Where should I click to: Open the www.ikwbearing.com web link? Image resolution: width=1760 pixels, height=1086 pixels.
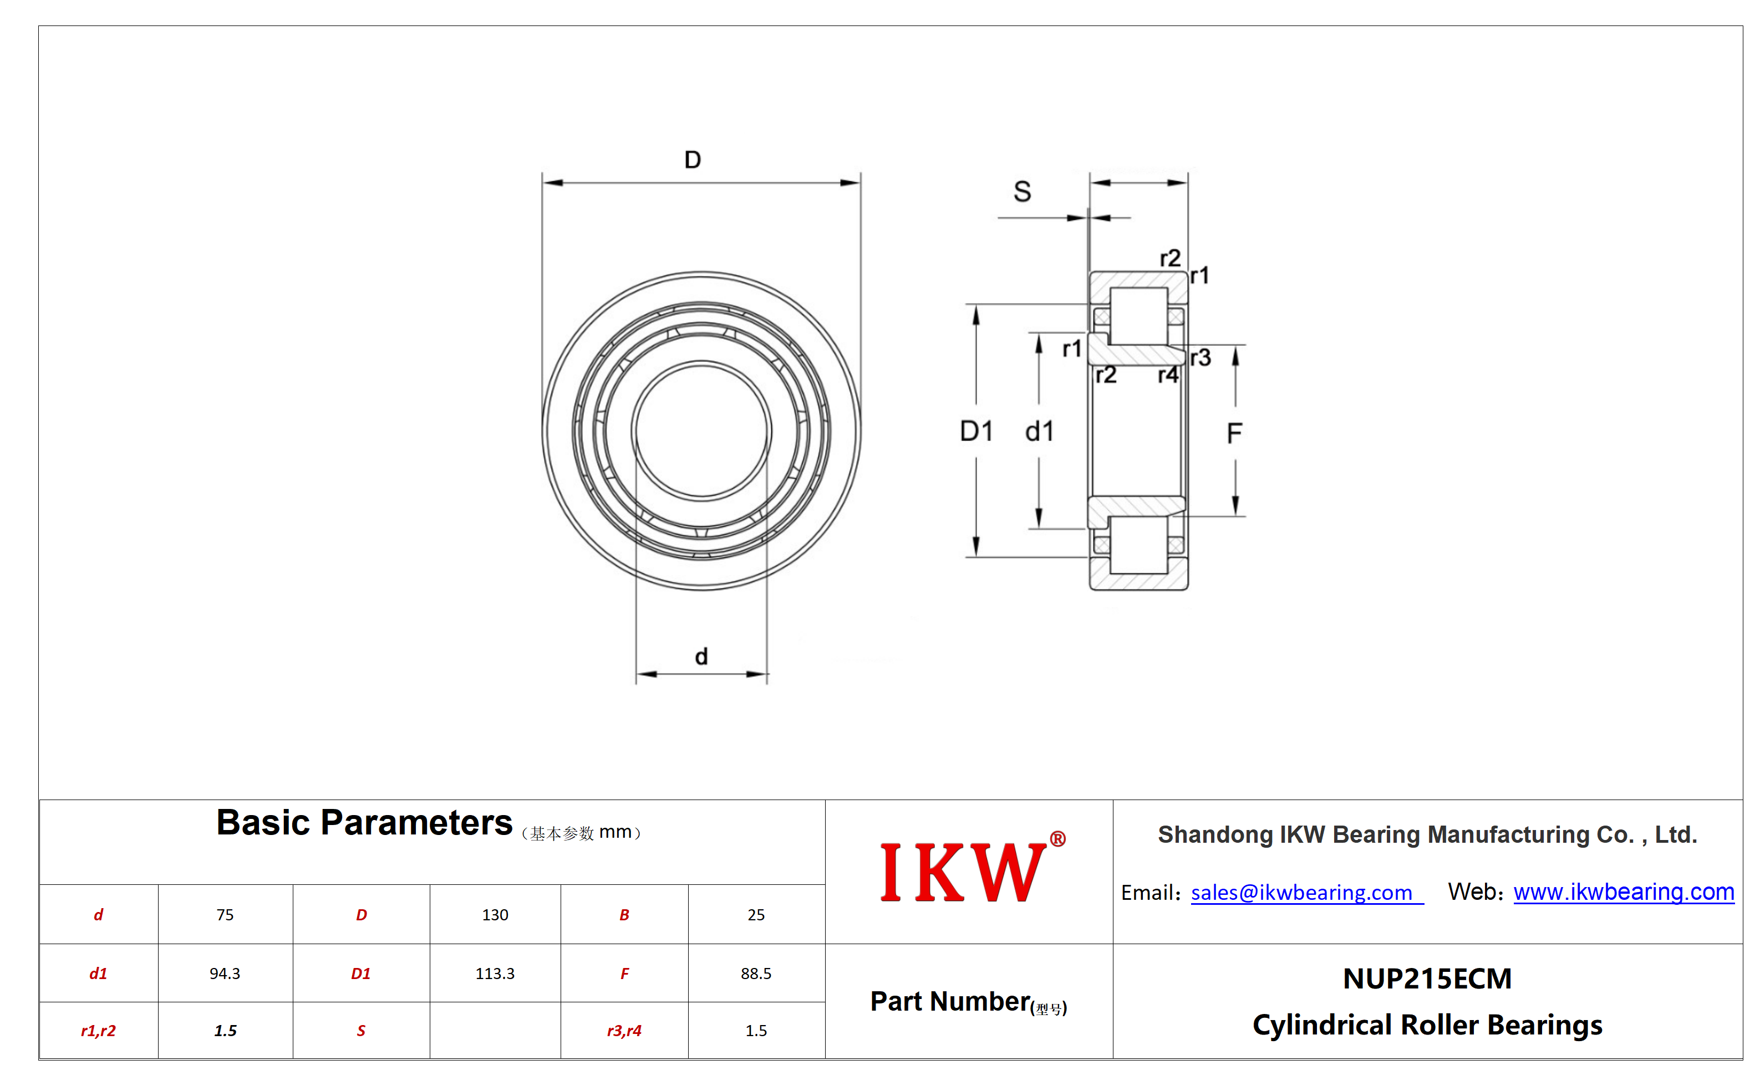tap(1624, 892)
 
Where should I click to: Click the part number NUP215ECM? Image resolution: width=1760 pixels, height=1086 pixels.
tap(1427, 979)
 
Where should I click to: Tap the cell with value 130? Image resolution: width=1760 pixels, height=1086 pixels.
tap(495, 914)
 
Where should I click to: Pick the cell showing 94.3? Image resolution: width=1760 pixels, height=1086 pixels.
tap(225, 973)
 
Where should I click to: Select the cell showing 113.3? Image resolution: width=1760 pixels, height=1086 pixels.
tap(495, 973)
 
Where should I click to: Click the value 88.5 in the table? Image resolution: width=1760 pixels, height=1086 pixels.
tap(756, 973)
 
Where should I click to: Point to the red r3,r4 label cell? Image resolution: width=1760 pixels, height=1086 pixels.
tap(624, 1031)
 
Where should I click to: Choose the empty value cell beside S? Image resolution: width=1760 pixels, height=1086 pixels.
tap(495, 1031)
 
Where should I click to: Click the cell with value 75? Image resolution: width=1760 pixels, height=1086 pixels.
tap(225, 914)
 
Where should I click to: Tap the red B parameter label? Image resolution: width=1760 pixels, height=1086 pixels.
tap(624, 914)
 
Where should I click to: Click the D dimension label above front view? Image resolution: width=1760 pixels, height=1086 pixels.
tap(692, 160)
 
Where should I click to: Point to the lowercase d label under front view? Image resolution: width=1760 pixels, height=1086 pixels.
tap(701, 656)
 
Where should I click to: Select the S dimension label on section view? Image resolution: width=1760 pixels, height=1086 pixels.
tap(1022, 191)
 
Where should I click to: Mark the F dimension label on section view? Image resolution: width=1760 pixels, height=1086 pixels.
tap(1234, 433)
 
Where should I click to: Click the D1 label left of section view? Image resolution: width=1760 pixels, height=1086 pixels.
tap(976, 431)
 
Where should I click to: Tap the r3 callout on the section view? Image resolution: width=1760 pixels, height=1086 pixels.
tap(1200, 357)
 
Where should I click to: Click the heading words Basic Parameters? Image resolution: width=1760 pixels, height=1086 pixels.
tap(364, 822)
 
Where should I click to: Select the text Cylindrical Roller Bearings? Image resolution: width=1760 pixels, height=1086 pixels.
tap(1427, 1025)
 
